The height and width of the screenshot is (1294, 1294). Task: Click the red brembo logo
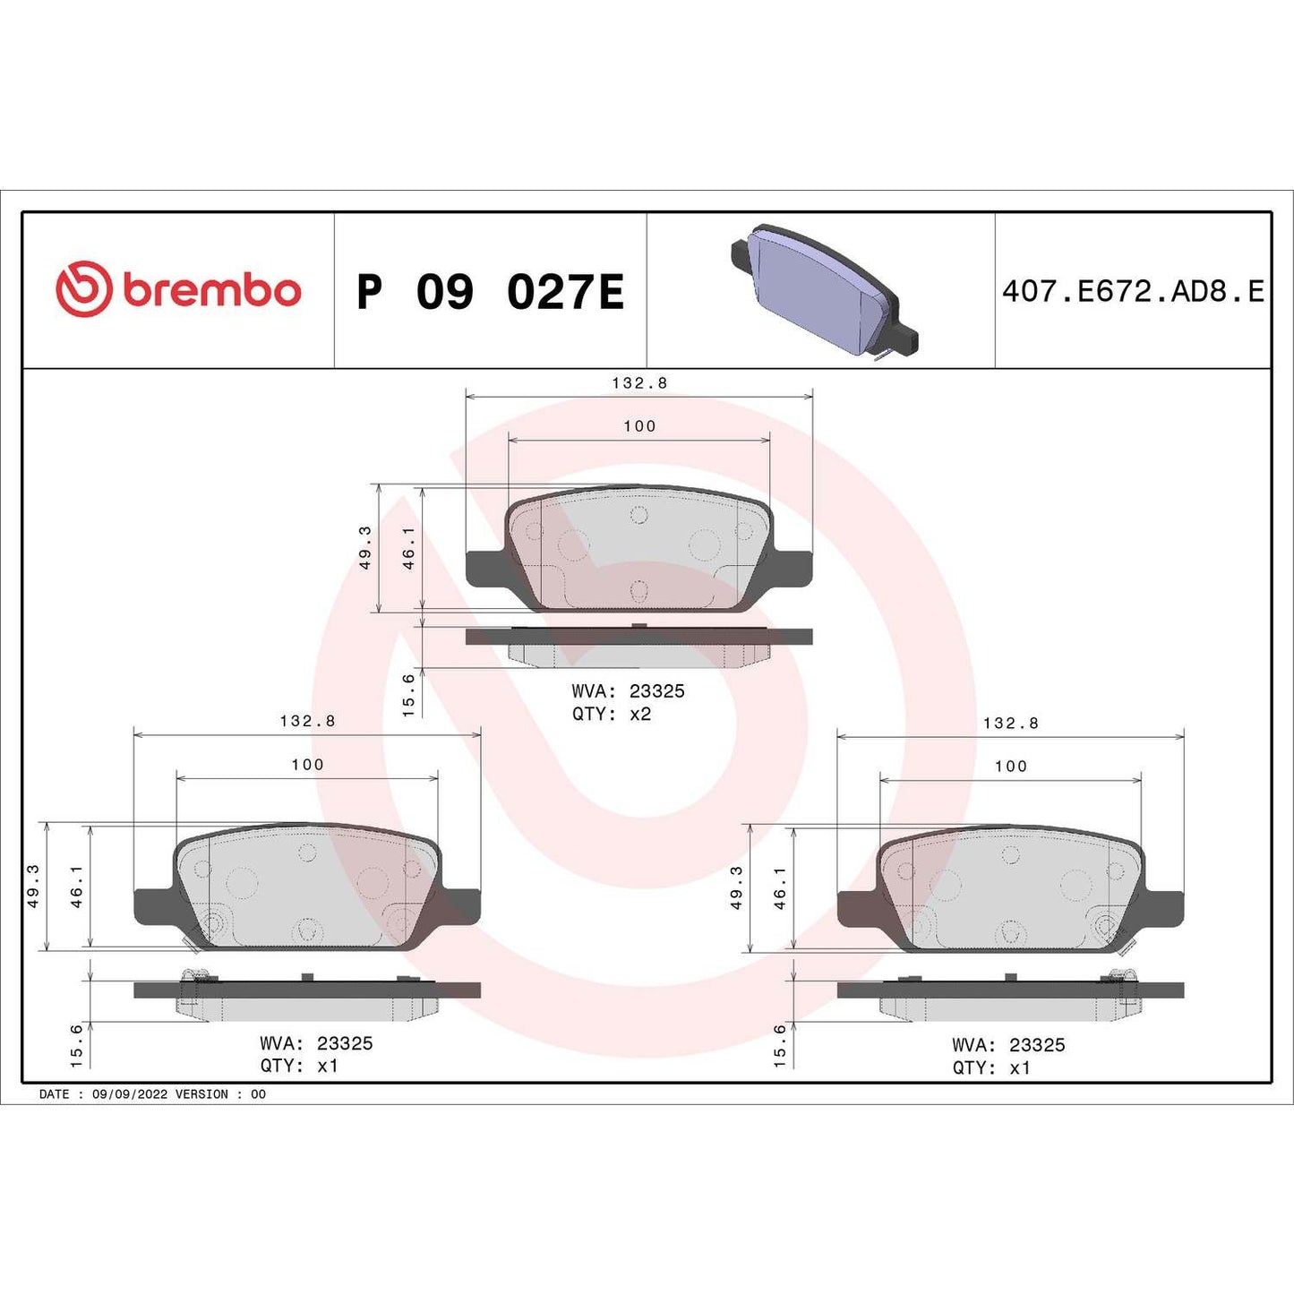click(177, 290)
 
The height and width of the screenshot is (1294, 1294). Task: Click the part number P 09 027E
click(490, 292)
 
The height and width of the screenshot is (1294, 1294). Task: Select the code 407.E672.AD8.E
click(1133, 291)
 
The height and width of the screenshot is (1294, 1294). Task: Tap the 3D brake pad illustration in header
click(823, 292)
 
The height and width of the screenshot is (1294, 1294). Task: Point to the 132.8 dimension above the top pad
click(639, 382)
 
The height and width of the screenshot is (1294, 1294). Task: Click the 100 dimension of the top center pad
click(639, 426)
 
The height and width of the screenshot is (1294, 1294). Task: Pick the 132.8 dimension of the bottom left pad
click(307, 721)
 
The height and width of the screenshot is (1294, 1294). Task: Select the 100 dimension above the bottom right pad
click(1010, 766)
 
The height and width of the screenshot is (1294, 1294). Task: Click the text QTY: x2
click(612, 714)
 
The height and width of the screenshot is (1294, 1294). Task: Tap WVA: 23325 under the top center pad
click(628, 691)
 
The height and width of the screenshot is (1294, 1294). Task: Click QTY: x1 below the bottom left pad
click(299, 1066)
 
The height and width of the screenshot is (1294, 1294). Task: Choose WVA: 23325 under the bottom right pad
click(1008, 1045)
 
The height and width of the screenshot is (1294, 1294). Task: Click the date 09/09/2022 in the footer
click(130, 1094)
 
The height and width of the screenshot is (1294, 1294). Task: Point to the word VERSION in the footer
click(201, 1094)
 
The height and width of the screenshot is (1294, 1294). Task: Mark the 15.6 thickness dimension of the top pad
click(409, 695)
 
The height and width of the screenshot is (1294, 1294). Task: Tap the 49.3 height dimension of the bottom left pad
click(33, 886)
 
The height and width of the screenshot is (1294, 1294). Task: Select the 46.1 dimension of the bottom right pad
click(780, 887)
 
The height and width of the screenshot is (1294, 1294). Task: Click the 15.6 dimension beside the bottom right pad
click(780, 1045)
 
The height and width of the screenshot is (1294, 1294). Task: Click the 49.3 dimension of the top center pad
click(365, 547)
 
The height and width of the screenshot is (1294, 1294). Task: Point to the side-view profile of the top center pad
click(638, 647)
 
